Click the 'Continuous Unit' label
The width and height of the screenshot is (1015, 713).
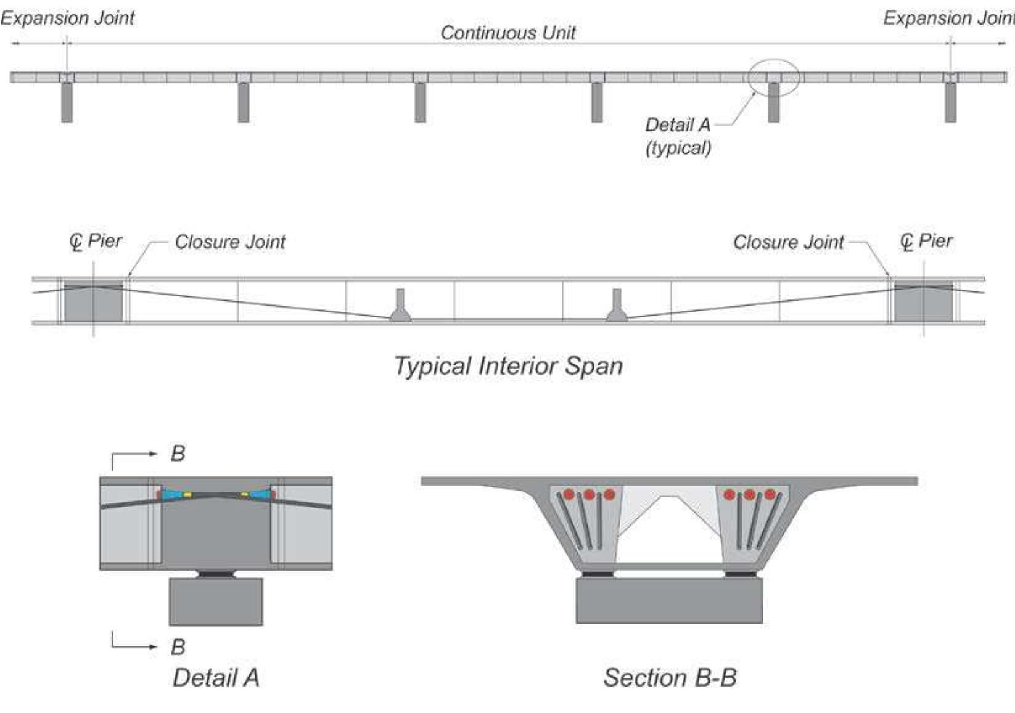pyautogui.click(x=507, y=33)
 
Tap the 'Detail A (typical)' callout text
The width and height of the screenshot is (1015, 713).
pyautogui.click(x=678, y=136)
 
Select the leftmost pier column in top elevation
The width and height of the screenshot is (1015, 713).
pyautogui.click(x=67, y=102)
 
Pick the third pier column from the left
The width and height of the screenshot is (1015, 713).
pyautogui.click(x=420, y=102)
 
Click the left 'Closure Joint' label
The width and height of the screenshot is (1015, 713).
pyautogui.click(x=229, y=242)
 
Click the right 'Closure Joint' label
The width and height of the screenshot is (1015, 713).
pyautogui.click(x=788, y=242)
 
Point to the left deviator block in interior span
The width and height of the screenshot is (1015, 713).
pyautogui.click(x=400, y=306)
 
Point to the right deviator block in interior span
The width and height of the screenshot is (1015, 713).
pyautogui.click(x=616, y=306)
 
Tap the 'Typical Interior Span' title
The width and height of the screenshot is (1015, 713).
pyautogui.click(x=507, y=366)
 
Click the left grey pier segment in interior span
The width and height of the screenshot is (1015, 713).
pyautogui.click(x=93, y=302)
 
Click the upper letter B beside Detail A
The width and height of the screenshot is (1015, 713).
pyautogui.click(x=178, y=454)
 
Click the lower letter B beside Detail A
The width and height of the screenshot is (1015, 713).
pyautogui.click(x=178, y=647)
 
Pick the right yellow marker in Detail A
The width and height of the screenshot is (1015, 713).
pyautogui.click(x=244, y=494)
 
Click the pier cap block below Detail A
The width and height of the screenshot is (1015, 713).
pyautogui.click(x=216, y=601)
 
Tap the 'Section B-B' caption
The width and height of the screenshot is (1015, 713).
pyautogui.click(x=670, y=678)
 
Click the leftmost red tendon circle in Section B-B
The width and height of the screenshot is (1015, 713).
pyautogui.click(x=569, y=494)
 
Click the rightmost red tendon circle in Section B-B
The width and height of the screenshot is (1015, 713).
pyautogui.click(x=770, y=494)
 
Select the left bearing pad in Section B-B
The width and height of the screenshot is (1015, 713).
pyautogui.click(x=598, y=574)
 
